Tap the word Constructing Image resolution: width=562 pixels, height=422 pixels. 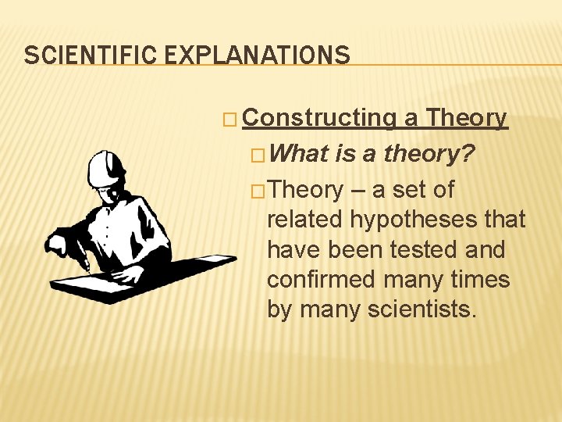(x=319, y=118)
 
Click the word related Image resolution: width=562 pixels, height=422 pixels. (x=305, y=220)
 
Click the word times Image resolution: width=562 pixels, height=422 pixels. (x=478, y=280)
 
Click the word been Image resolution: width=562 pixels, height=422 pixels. (x=356, y=250)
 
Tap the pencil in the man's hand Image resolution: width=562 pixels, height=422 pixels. (x=87, y=263)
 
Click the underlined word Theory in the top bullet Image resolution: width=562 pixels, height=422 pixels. (x=467, y=118)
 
